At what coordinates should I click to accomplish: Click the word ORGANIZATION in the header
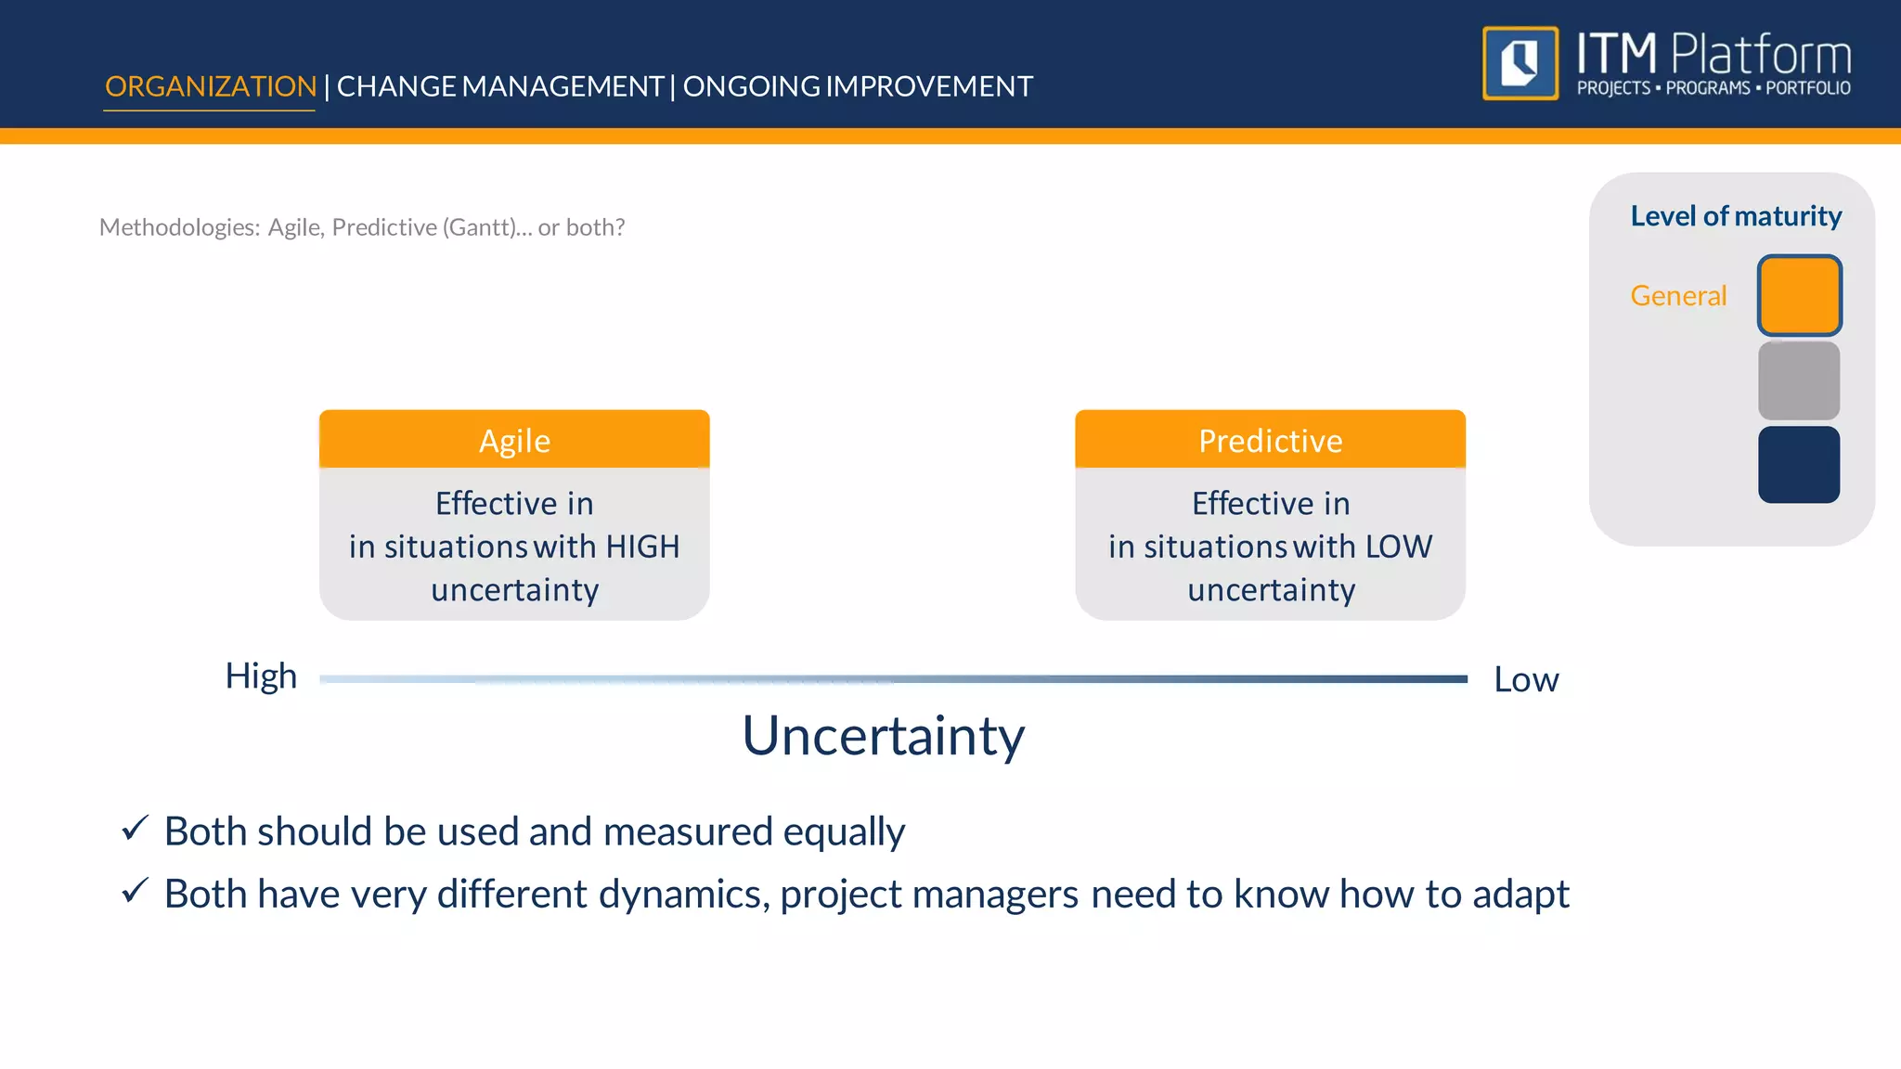(211, 86)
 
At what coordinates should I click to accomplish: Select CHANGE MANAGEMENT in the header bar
(499, 86)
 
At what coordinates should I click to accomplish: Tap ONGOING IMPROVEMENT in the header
(858, 86)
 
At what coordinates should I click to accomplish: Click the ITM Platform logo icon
(1520, 63)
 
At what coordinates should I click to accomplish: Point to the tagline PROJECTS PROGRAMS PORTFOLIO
(1713, 88)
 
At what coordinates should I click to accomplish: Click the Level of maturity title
(1736, 216)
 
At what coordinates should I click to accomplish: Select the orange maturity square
(1799, 295)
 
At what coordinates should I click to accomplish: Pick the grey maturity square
(1799, 380)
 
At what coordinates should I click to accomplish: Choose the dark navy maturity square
(1799, 465)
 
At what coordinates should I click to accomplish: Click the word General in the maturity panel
(1678, 296)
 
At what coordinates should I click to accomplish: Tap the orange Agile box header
(514, 440)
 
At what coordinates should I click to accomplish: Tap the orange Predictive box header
(1270, 440)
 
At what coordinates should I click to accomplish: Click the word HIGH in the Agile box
(642, 547)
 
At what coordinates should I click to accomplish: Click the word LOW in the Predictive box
(1399, 547)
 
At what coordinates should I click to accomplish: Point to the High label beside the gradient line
(261, 676)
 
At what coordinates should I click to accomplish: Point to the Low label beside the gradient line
(1526, 680)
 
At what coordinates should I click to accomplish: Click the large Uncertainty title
(883, 736)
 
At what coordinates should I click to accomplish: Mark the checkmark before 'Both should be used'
(136, 828)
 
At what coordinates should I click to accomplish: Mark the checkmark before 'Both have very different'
(136, 891)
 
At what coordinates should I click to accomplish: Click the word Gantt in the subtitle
(479, 227)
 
